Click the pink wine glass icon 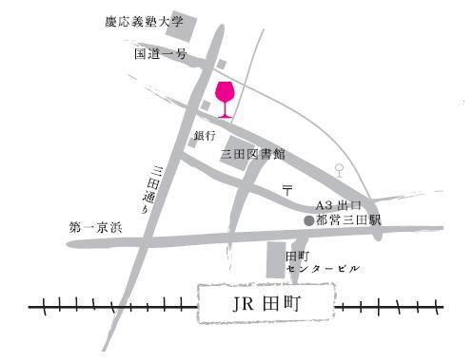tap(226, 97)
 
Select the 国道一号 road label tap(160, 55)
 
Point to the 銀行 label tap(206, 136)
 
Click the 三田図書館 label tap(253, 153)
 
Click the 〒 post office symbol tap(287, 191)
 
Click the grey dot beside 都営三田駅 tap(307, 220)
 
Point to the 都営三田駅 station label tap(348, 220)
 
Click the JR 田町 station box tap(266, 306)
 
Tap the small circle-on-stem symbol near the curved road tap(340, 171)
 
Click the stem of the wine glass tap(226, 109)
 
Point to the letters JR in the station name tap(244, 306)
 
